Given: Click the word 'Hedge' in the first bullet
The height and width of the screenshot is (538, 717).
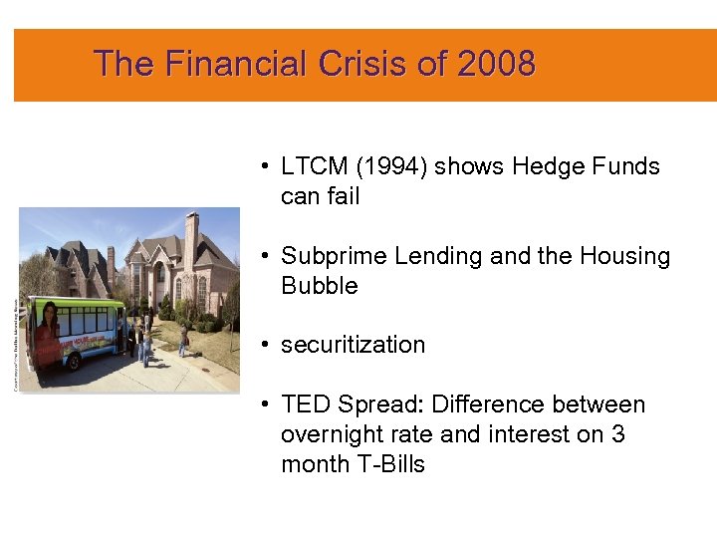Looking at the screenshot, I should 545,166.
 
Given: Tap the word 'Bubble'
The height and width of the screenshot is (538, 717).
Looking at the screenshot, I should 319,286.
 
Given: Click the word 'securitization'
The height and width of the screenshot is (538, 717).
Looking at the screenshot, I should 353,345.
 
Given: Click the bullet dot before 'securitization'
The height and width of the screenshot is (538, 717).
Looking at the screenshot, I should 264,346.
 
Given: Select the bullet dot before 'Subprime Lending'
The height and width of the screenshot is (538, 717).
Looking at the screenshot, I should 264,257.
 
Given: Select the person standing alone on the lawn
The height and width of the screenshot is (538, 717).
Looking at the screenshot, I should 183,342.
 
